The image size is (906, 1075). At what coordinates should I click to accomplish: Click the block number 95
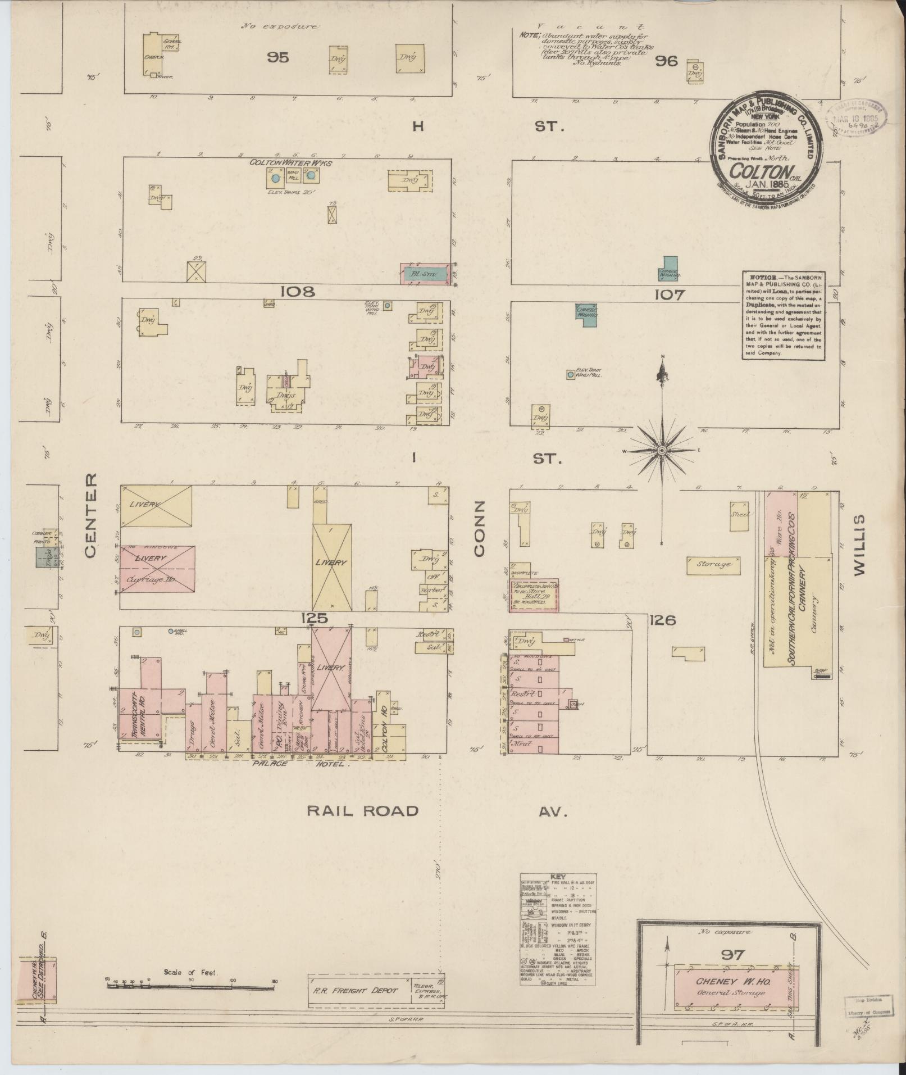(277, 57)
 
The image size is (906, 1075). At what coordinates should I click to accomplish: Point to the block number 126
(663, 620)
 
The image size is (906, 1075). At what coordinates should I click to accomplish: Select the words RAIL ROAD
(363, 810)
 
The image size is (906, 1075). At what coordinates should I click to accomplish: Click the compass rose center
(662, 451)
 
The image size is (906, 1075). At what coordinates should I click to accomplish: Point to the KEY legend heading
(558, 877)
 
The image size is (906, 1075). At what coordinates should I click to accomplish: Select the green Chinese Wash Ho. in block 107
(586, 311)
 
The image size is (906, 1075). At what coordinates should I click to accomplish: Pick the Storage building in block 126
(712, 564)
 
